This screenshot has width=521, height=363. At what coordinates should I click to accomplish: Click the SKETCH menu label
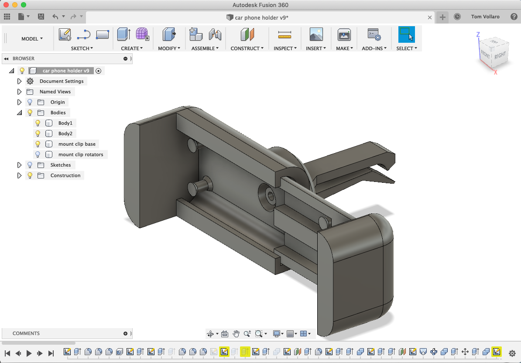pyautogui.click(x=82, y=48)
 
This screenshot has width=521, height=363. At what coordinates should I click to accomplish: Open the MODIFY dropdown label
pyautogui.click(x=169, y=48)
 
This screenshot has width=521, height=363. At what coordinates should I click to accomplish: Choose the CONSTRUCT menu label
pyautogui.click(x=247, y=48)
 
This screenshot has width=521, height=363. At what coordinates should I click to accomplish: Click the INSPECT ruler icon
pyautogui.click(x=285, y=34)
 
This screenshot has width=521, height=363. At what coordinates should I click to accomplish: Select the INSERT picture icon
pyautogui.click(x=316, y=34)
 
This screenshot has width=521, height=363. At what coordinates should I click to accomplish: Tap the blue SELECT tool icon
pyautogui.click(x=407, y=34)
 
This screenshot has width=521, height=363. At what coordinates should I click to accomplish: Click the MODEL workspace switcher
pyautogui.click(x=32, y=39)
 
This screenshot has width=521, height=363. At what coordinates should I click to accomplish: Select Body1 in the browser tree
pyautogui.click(x=65, y=123)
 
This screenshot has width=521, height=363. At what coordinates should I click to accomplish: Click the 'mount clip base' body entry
pyautogui.click(x=77, y=144)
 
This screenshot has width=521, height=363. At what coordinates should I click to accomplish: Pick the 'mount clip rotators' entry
pyautogui.click(x=81, y=154)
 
